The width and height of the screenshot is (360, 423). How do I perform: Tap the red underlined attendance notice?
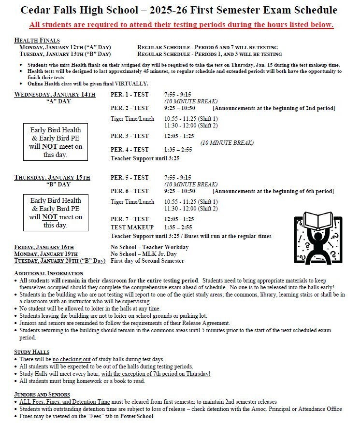(181, 25)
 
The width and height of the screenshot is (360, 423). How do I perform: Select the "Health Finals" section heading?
(37, 41)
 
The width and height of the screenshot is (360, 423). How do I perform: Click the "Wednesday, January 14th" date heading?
(55, 94)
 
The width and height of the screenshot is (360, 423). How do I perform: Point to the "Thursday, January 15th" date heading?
(52, 178)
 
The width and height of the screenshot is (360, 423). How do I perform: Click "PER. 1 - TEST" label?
(130, 94)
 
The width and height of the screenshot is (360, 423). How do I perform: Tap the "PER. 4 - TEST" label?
(130, 150)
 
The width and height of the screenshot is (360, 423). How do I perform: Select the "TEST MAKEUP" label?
(132, 227)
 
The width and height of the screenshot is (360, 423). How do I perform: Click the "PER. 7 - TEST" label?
(130, 219)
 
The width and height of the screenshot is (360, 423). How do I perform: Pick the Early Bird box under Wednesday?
(56, 142)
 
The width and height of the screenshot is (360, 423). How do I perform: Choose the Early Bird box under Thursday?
(56, 212)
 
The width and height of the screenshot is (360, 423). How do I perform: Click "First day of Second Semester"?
(147, 261)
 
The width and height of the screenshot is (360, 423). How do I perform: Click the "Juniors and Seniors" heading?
(42, 395)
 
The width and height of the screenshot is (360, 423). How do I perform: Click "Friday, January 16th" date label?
(44, 247)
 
